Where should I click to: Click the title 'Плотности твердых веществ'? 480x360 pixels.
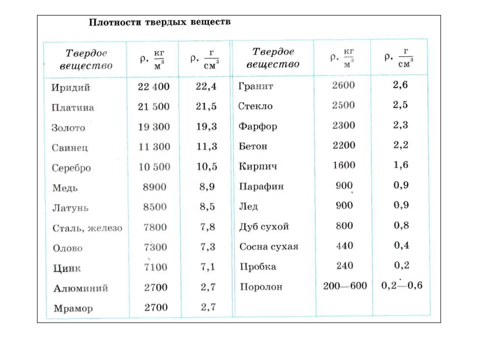click(x=159, y=22)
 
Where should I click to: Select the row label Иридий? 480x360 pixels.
click(x=70, y=87)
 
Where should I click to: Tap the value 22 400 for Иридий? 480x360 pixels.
click(x=153, y=86)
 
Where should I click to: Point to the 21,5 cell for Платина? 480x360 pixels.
click(x=206, y=106)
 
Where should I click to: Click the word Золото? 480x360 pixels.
click(x=68, y=127)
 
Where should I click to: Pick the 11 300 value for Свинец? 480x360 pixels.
click(x=153, y=146)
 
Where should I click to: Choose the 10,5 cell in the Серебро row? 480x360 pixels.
click(x=206, y=166)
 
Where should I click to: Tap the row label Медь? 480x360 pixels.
click(x=65, y=188)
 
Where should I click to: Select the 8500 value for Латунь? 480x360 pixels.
click(x=155, y=207)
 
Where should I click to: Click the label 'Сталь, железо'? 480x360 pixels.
click(x=87, y=228)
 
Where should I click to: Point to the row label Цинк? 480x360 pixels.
click(x=66, y=268)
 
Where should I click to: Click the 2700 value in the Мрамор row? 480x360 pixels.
click(x=155, y=307)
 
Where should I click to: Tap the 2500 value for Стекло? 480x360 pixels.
click(x=343, y=105)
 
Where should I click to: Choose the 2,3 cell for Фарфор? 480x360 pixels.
click(x=400, y=125)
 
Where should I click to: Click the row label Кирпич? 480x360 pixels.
click(x=258, y=166)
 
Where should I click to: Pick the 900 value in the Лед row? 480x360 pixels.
click(x=344, y=205)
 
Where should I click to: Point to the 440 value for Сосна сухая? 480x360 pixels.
click(x=344, y=245)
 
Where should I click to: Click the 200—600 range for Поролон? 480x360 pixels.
click(x=345, y=285)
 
